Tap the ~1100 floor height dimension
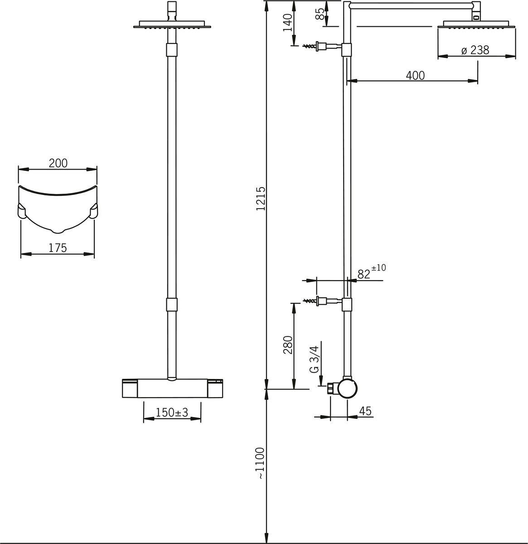(x=260, y=463)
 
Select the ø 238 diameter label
(x=475, y=50)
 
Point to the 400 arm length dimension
(x=415, y=75)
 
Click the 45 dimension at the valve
(x=365, y=411)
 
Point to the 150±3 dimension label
(x=172, y=413)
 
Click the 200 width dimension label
(x=58, y=163)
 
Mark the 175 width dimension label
(x=58, y=248)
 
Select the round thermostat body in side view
(x=347, y=388)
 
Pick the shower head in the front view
(x=172, y=25)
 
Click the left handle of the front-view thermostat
(x=130, y=388)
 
